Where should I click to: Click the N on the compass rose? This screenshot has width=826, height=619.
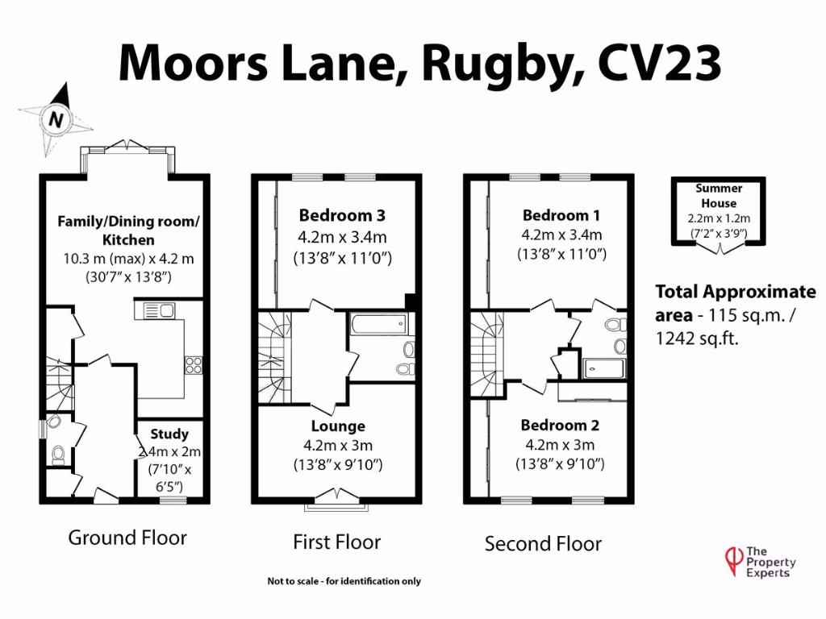click(56, 119)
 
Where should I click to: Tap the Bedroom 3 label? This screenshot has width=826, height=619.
click(342, 215)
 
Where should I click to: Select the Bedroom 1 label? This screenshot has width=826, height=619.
click(561, 215)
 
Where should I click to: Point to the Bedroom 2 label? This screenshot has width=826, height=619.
click(560, 425)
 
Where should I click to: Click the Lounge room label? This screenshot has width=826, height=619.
click(338, 426)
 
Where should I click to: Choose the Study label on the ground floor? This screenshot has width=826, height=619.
click(169, 434)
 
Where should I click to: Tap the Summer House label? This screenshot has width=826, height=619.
click(719, 196)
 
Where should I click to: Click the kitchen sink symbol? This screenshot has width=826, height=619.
click(155, 310)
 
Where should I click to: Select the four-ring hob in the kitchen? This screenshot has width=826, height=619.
click(194, 365)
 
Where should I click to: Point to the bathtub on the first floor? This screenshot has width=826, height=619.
click(379, 324)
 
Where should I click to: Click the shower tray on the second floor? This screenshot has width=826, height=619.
click(603, 368)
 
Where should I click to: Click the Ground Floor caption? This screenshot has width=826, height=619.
click(127, 538)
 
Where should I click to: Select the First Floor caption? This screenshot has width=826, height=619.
click(336, 542)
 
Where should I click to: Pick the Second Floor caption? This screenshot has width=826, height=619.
click(543, 544)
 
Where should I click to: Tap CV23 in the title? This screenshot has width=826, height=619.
click(659, 61)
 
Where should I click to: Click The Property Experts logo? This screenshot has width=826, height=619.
click(760, 562)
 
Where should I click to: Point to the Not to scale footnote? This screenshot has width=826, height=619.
click(344, 581)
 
